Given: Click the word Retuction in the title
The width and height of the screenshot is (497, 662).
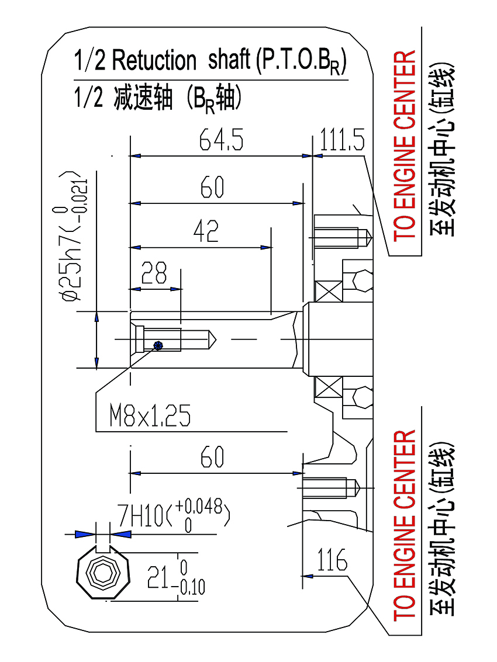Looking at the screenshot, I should coord(154,60).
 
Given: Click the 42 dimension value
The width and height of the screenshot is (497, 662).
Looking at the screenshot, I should coord(206,232).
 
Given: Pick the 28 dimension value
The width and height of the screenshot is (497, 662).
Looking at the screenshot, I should coord(154,273).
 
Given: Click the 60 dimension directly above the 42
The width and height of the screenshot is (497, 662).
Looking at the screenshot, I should coord(212,188).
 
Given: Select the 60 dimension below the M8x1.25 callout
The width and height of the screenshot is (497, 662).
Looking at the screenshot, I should coord(212,457).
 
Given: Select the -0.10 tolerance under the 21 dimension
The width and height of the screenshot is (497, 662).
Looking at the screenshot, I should coord(192,587).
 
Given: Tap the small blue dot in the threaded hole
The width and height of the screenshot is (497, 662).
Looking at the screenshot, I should coord(156,345).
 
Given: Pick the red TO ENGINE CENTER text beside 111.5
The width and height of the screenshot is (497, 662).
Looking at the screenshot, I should coord(405,145).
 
